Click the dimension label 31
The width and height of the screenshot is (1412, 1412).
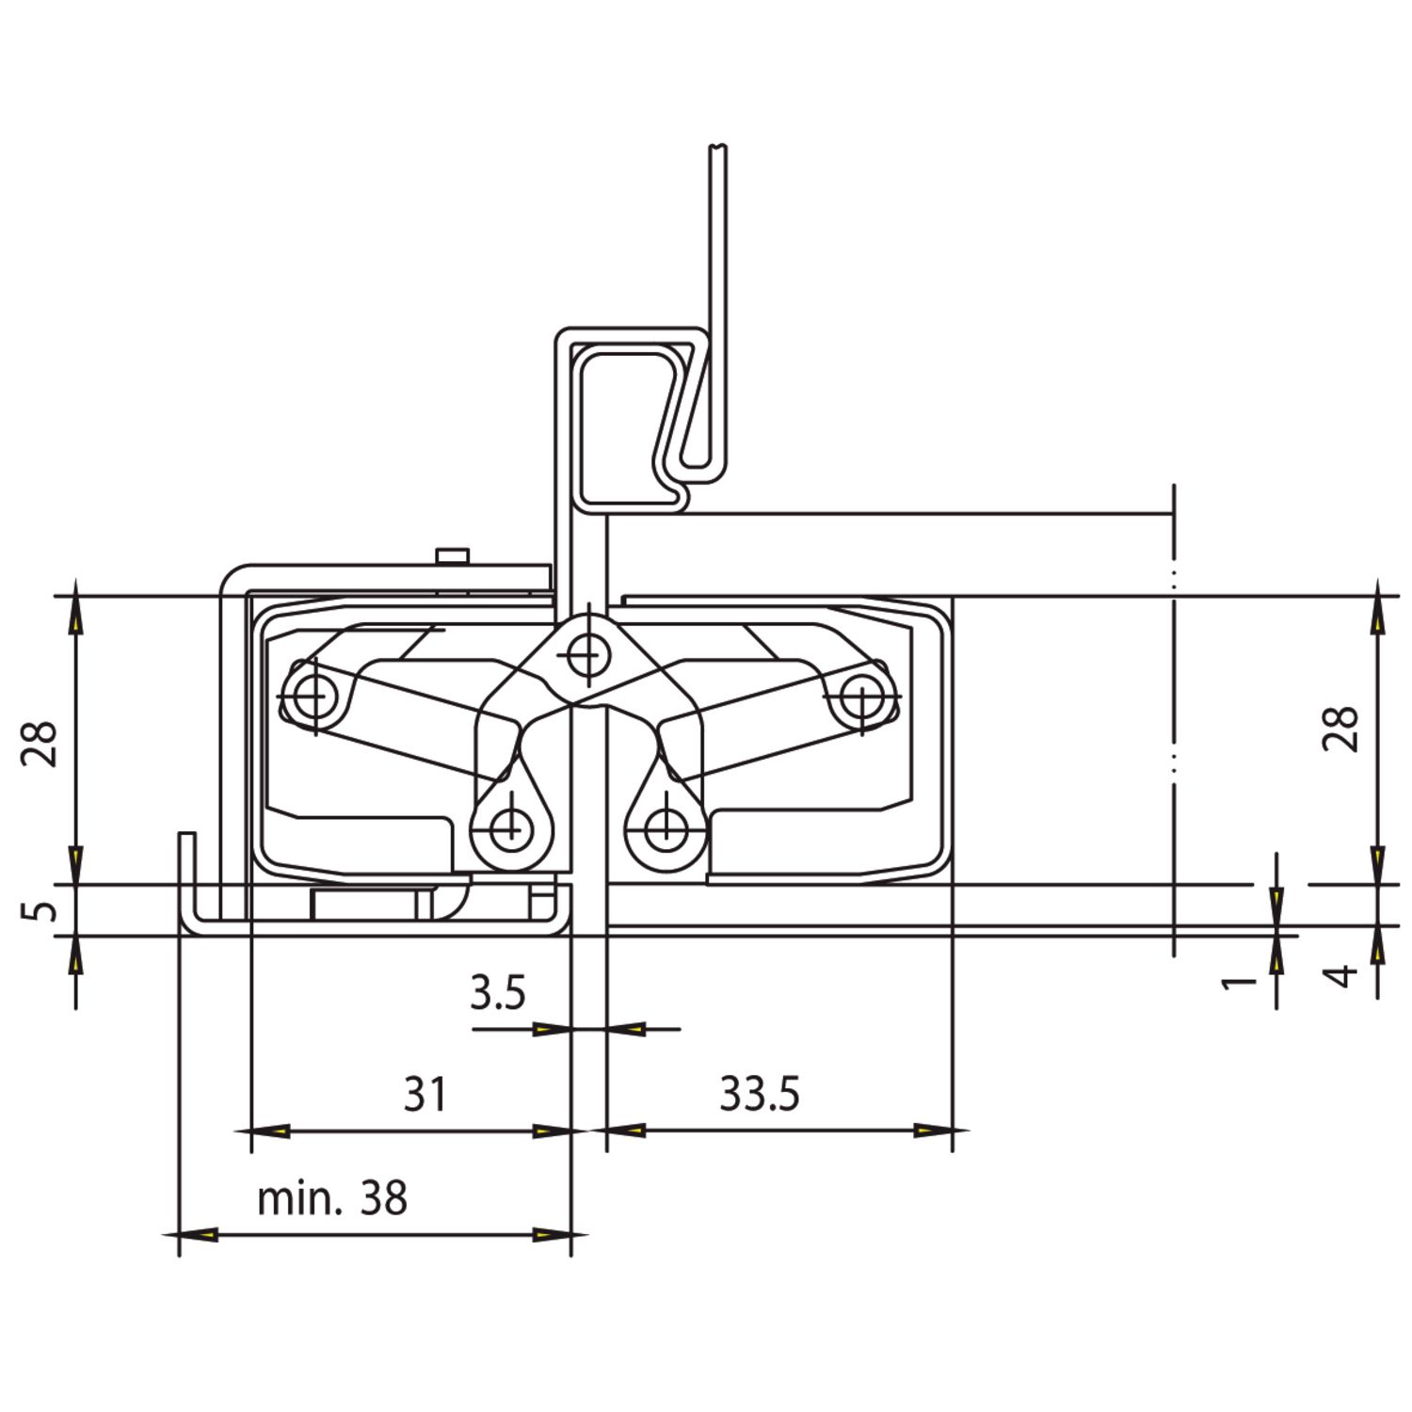(425, 1094)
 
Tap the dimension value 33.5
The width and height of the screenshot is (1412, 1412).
(760, 1094)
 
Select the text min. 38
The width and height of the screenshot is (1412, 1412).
(332, 1198)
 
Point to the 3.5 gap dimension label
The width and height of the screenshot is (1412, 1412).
(498, 993)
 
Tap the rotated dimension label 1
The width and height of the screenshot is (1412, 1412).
(1240, 982)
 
